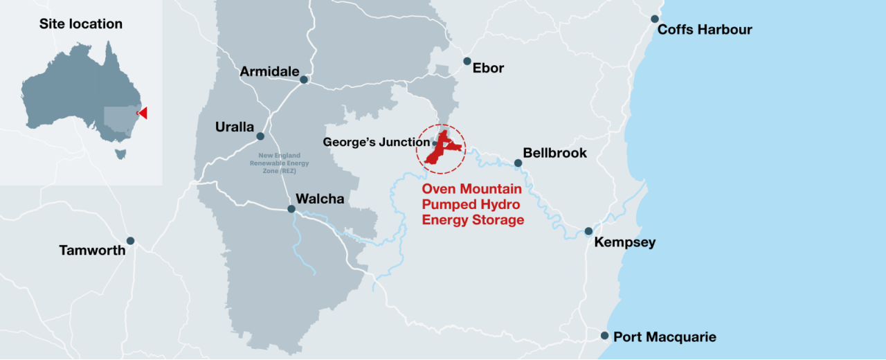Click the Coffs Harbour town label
705,30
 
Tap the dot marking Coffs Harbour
654,19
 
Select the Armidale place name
269,71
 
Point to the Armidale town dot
303,80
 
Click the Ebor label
489,68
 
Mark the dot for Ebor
467,61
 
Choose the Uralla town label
235,127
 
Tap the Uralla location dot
260,136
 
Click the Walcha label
320,199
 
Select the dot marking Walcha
291,208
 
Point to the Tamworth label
93,250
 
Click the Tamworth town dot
130,241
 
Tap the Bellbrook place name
555,152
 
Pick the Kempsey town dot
588,231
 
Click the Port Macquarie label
664,337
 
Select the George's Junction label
377,142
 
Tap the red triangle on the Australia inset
142,113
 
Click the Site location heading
81,24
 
